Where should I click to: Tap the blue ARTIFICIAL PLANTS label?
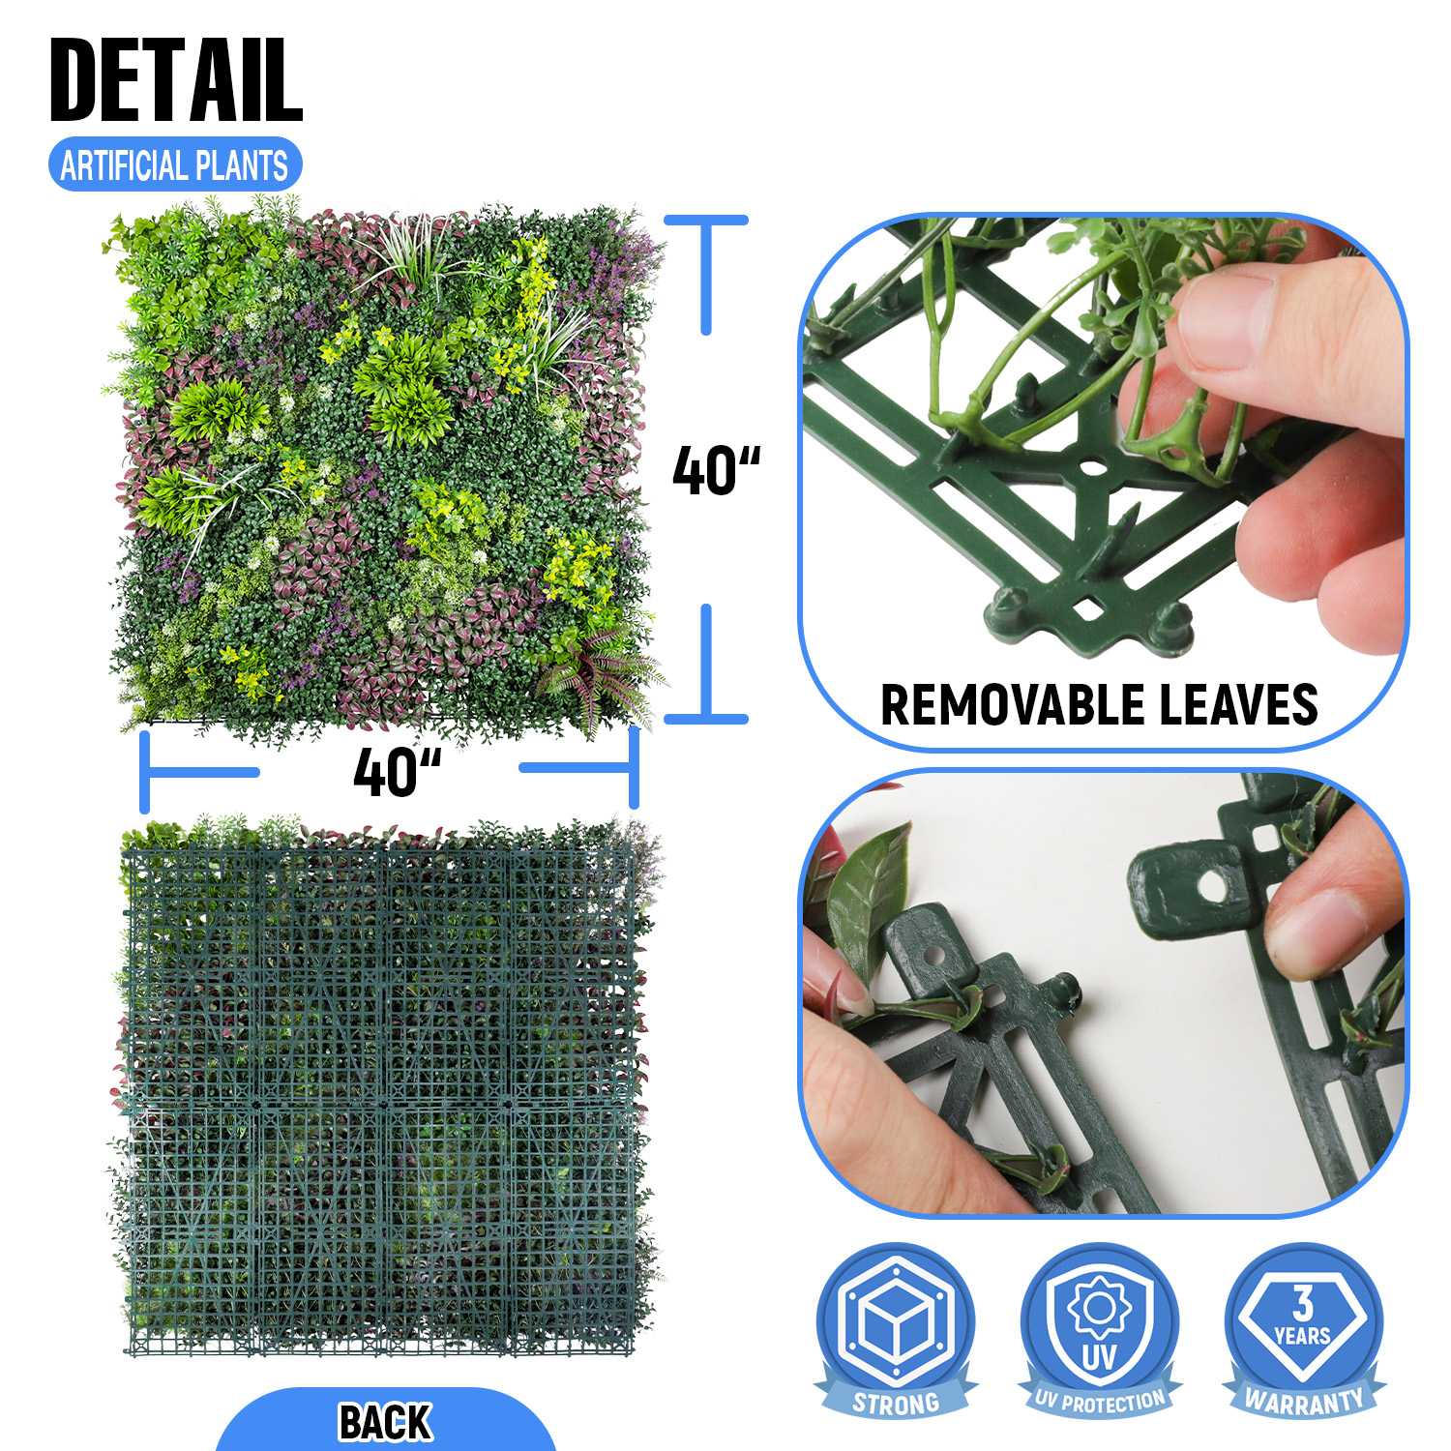coord(175,164)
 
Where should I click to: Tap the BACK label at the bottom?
coord(385,1422)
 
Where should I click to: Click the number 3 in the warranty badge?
coord(1304,1303)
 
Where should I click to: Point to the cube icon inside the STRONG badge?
coord(897,1319)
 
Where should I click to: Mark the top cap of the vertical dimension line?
coord(706,220)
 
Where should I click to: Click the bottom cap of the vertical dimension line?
coord(706,719)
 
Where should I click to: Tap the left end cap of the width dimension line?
coord(145,771)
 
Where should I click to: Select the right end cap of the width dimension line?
coord(634,768)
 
